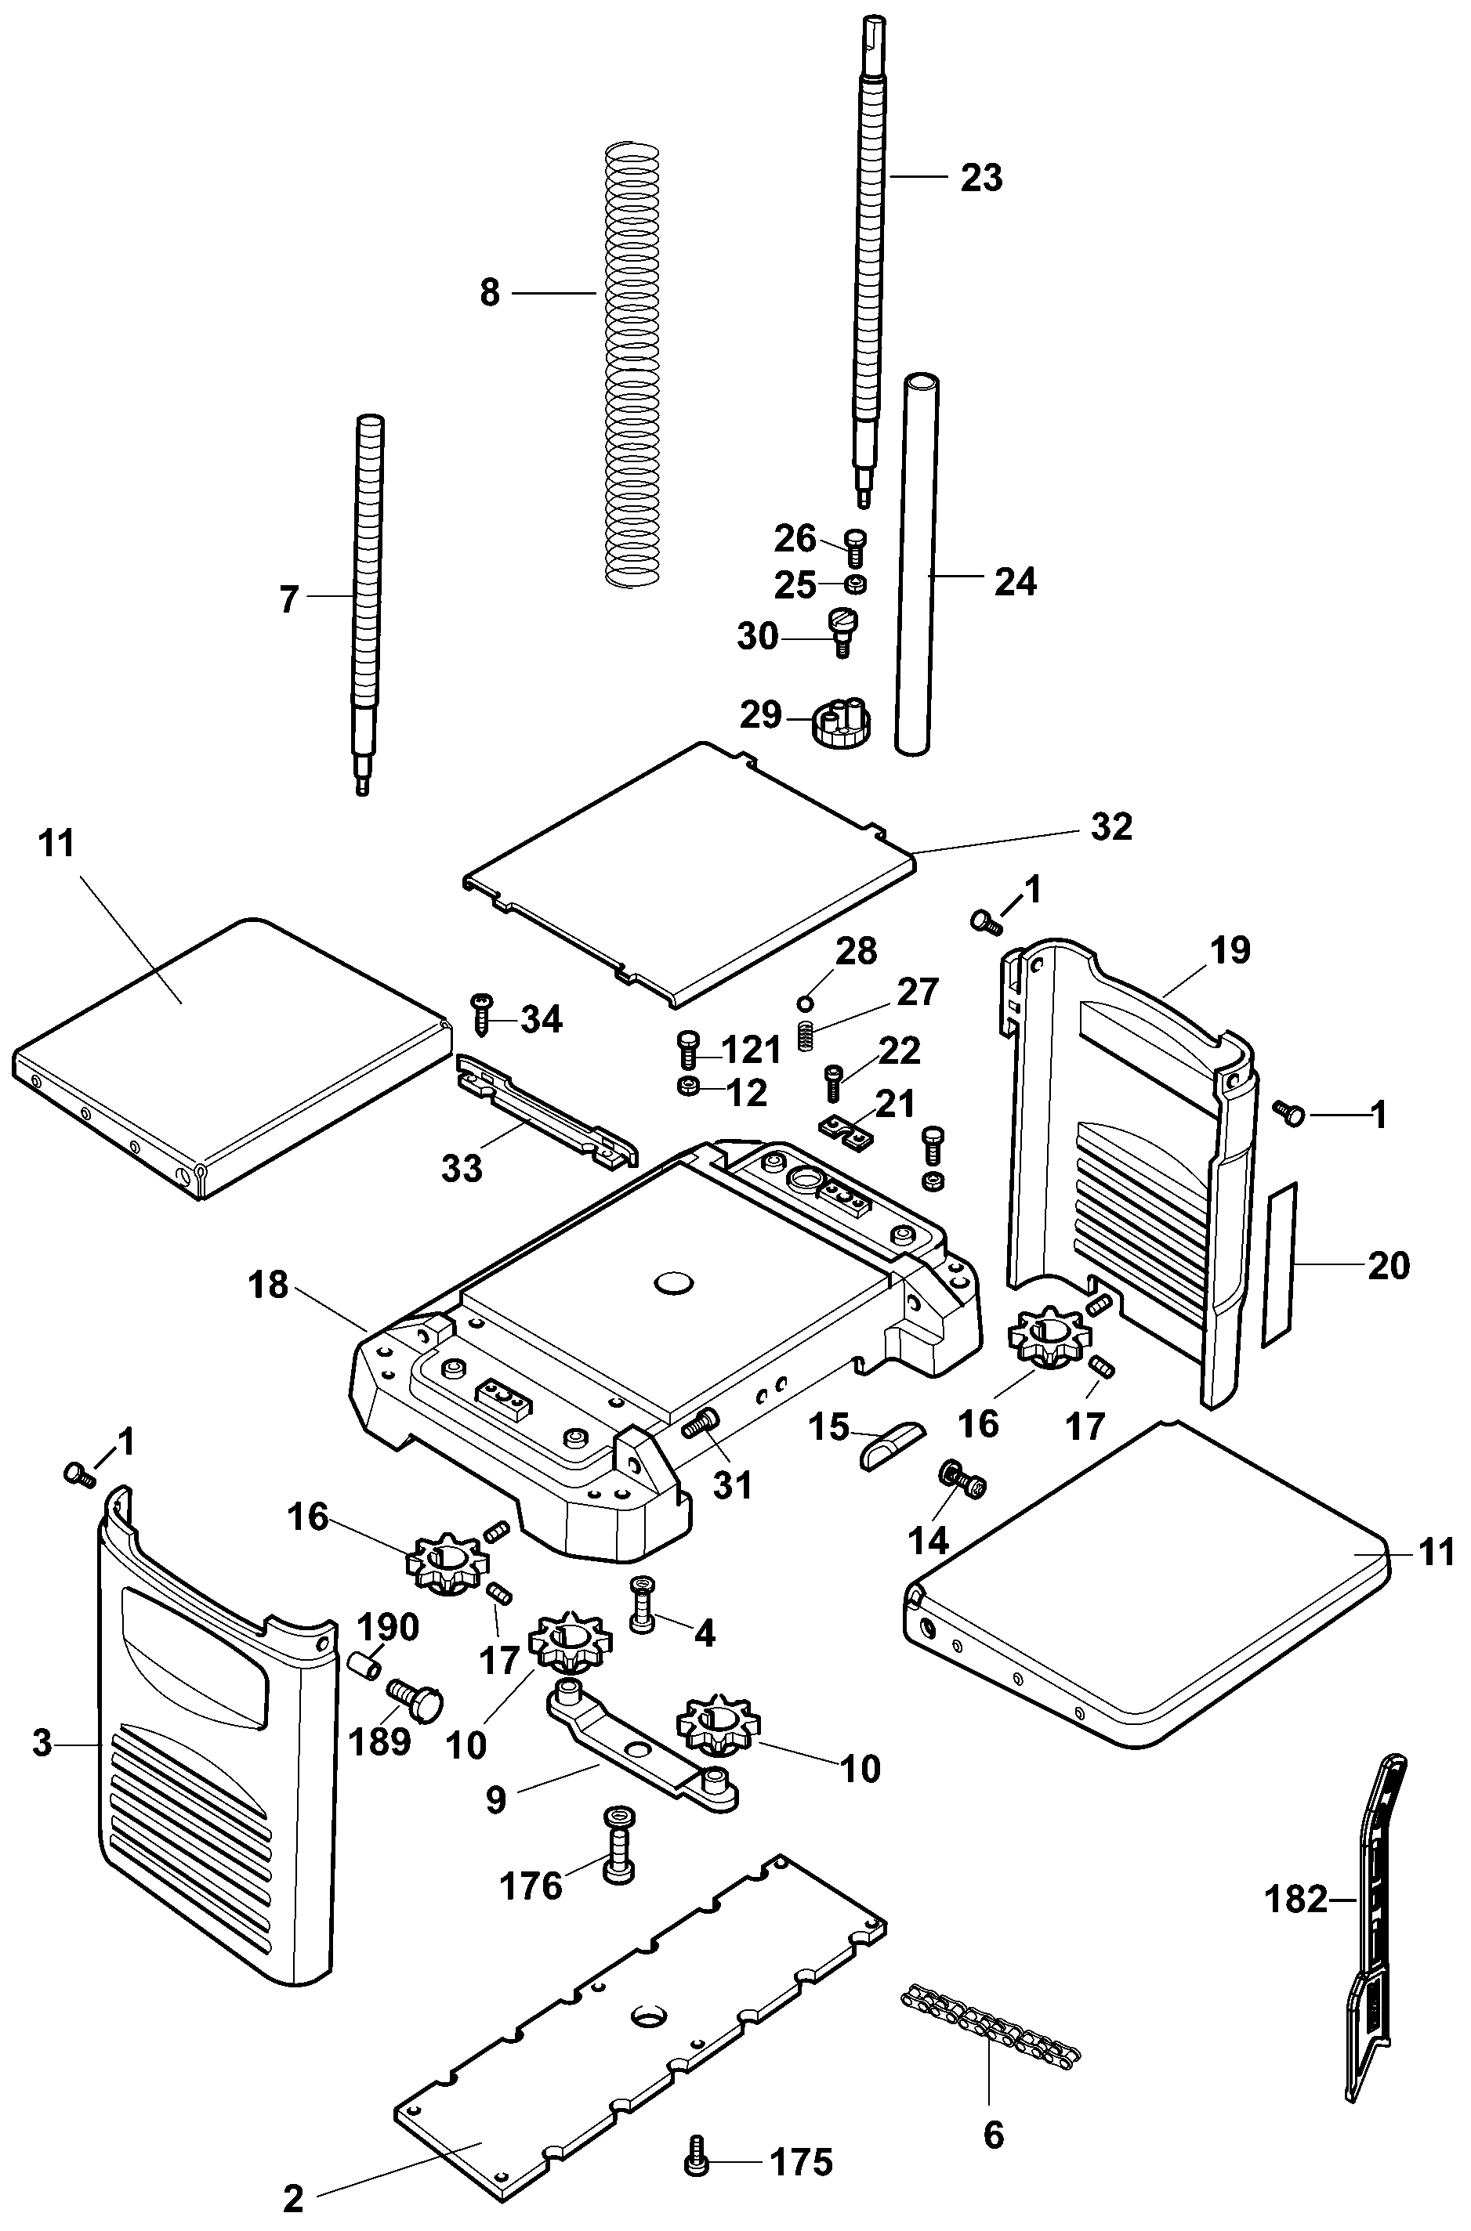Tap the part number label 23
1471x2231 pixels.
(981, 177)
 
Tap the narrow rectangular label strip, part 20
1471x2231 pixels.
(1277, 1264)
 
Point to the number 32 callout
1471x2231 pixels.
(1110, 826)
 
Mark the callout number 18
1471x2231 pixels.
(268, 1285)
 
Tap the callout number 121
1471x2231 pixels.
(751, 1050)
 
